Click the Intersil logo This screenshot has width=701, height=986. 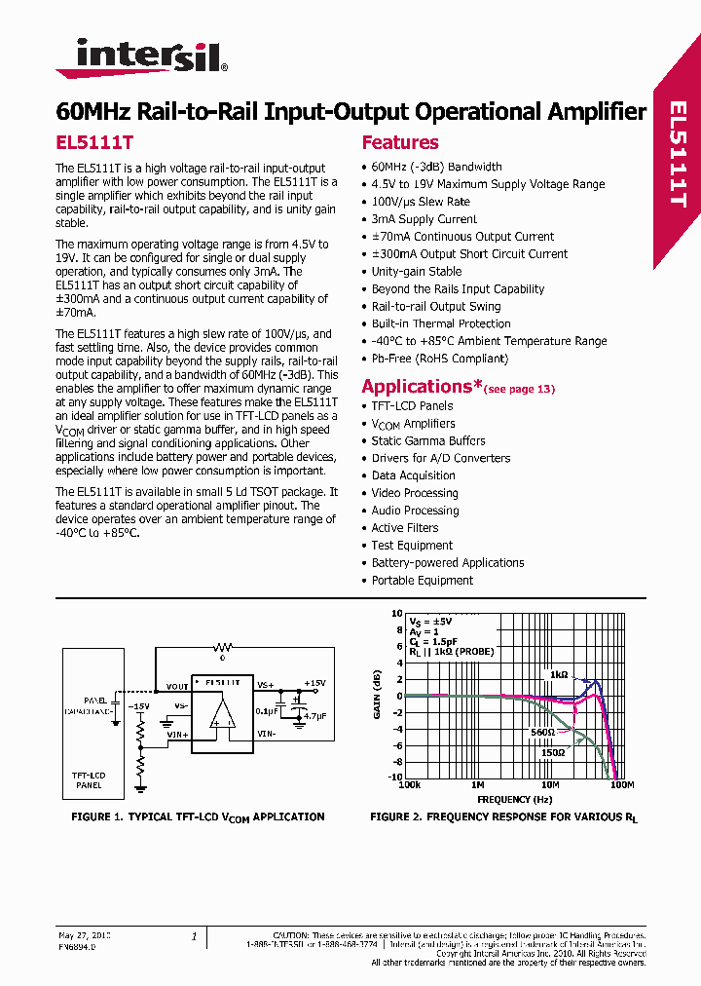pos(142,57)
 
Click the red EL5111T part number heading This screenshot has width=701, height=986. pos(94,142)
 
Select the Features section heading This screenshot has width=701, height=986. pos(400,142)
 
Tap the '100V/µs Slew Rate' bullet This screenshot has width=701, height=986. pos(421,202)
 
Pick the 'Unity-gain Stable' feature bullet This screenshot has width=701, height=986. pos(417,272)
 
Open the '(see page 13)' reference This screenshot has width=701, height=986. pos(519,390)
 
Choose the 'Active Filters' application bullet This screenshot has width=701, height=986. pos(405,528)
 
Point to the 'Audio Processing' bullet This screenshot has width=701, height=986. pos(415,511)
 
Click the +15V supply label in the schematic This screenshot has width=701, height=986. pos(315,683)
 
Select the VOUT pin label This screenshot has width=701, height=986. pos(177,686)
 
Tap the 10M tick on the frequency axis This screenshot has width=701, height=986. pos(550,784)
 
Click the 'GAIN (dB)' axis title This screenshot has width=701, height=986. pos(377,696)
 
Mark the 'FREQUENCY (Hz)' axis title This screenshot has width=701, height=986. pos(505,798)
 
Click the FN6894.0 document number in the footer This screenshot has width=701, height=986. pos(77,945)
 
